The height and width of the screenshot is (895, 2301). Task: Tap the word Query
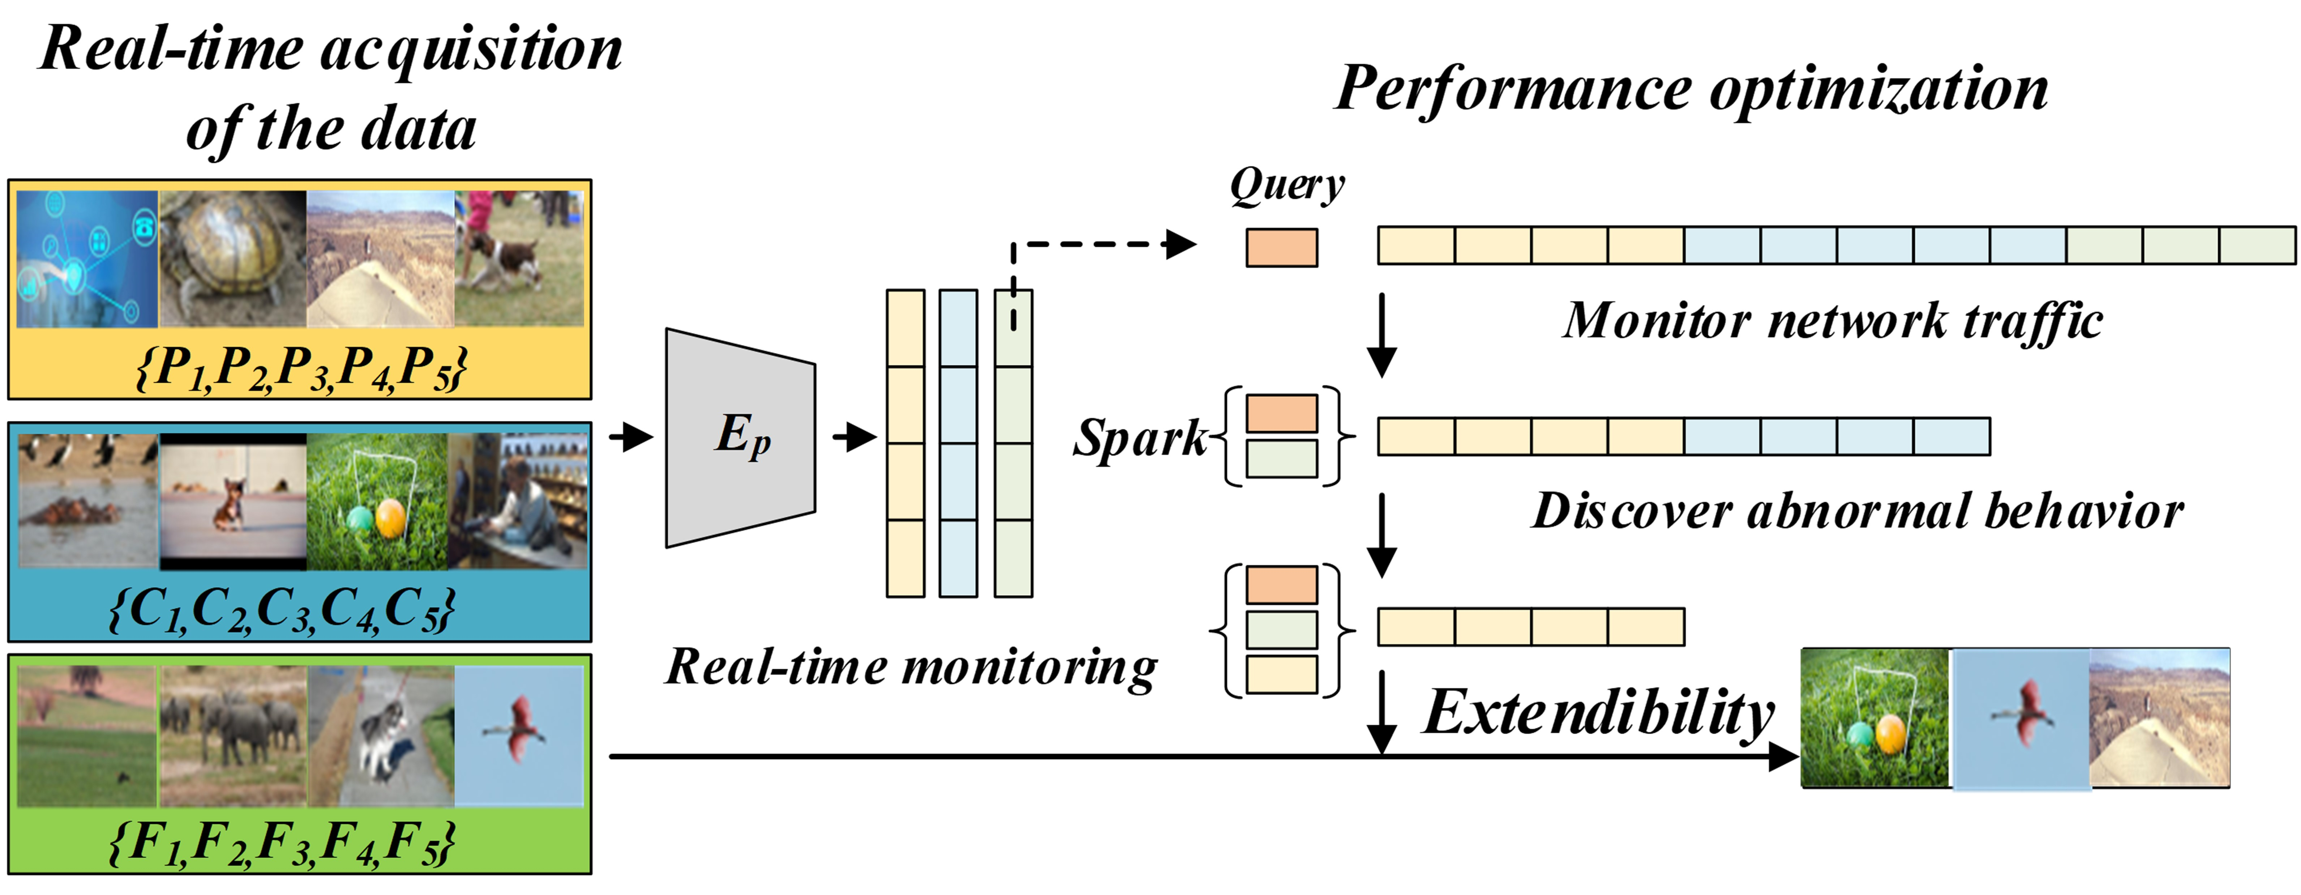point(1286,186)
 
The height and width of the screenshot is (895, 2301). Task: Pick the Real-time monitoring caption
point(911,667)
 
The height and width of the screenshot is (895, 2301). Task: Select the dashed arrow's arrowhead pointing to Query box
point(1182,244)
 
